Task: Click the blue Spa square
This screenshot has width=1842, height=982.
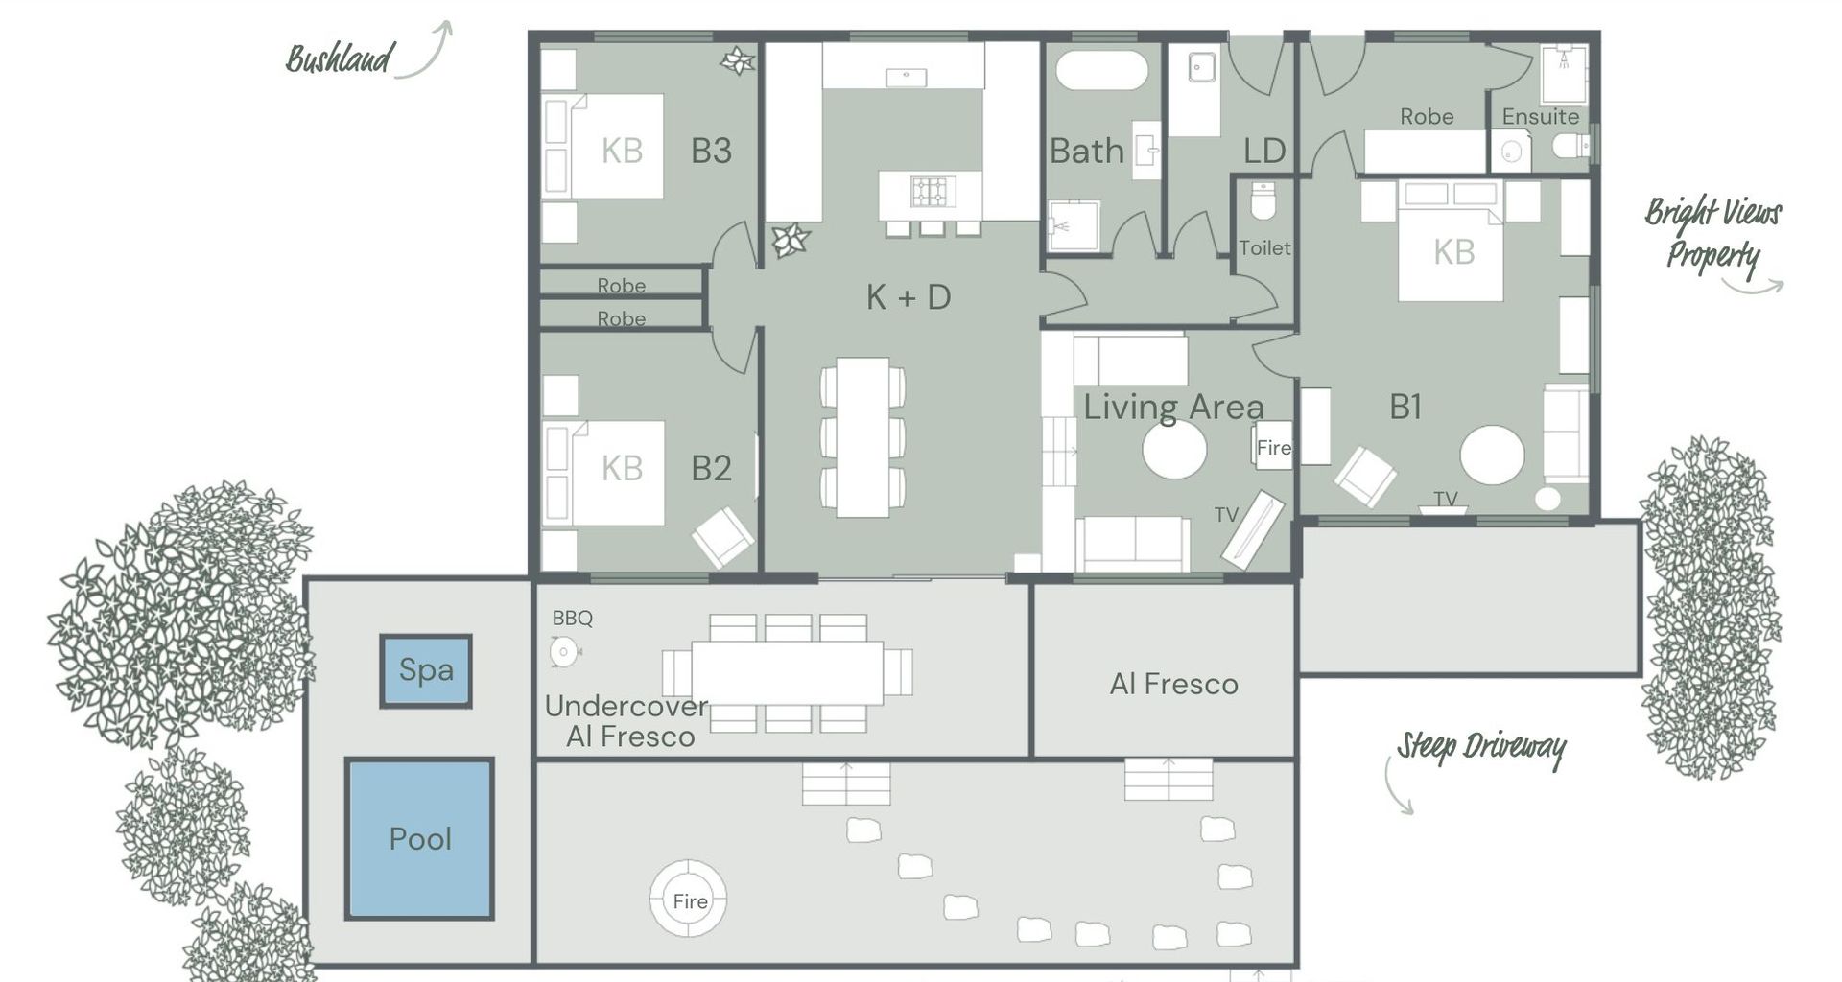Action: point(426,670)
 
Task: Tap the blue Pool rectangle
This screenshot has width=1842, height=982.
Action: point(420,838)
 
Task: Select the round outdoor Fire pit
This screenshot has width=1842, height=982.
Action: point(688,899)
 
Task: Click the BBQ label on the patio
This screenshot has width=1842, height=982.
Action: point(573,619)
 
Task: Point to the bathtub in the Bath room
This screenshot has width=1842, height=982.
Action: point(1102,71)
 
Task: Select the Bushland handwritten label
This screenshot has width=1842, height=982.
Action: point(339,59)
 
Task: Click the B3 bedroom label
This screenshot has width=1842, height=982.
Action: point(711,151)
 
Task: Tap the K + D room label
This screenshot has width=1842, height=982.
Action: point(908,297)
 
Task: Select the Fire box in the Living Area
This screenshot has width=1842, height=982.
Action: point(1274,446)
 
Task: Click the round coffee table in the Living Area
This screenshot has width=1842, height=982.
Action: point(1174,449)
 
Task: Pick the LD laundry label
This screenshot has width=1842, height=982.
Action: point(1263,151)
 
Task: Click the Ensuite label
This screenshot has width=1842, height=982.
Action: point(1540,117)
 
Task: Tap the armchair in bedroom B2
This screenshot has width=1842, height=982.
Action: point(722,538)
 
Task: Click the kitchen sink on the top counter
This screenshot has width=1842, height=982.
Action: point(906,76)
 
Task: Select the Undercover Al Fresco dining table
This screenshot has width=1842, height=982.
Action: point(787,672)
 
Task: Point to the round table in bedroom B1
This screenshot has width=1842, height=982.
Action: point(1492,456)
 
